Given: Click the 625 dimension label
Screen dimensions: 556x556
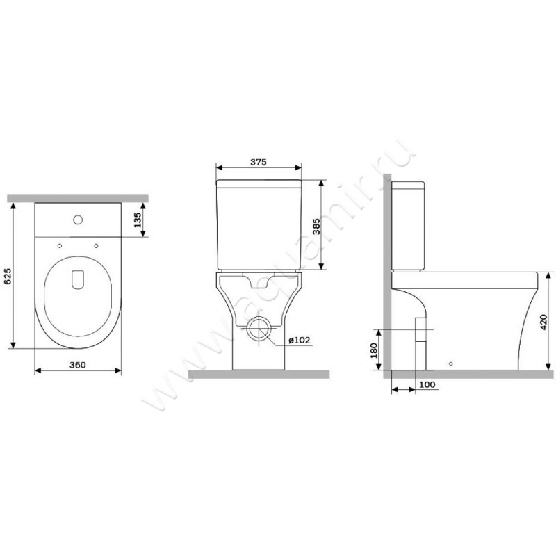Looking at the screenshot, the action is pyautogui.click(x=8, y=277).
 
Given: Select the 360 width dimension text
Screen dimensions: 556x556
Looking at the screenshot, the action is pyautogui.click(x=78, y=365).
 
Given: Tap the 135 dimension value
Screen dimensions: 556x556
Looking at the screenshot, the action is pyautogui.click(x=138, y=220).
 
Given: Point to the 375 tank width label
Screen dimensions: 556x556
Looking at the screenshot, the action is pyautogui.click(x=258, y=162).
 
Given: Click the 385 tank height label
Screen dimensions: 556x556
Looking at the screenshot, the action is pyautogui.click(x=316, y=227).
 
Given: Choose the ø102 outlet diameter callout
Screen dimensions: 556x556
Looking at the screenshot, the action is pyautogui.click(x=300, y=340).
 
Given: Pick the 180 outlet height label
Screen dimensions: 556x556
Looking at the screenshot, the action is pyautogui.click(x=374, y=350).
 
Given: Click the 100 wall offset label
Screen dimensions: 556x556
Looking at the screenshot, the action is pyautogui.click(x=427, y=385).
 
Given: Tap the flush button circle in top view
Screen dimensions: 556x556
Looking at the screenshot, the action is pyautogui.click(x=78, y=220).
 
